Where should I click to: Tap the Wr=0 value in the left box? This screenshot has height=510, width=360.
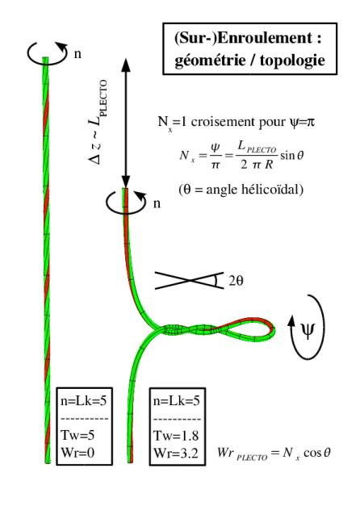77,452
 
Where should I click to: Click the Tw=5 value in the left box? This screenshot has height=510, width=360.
77,435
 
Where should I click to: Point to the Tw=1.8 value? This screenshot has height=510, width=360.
176,436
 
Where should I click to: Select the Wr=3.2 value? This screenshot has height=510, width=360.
176,453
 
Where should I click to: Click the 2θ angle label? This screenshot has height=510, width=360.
236,280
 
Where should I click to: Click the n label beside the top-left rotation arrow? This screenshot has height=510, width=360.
77,54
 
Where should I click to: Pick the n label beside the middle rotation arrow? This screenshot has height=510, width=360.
157,203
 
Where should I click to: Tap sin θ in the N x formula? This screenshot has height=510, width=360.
291,155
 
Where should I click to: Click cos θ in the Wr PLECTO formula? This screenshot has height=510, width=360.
317,453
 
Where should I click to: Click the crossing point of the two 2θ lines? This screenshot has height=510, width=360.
189,280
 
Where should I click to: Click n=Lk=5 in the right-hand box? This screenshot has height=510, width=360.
177,401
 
